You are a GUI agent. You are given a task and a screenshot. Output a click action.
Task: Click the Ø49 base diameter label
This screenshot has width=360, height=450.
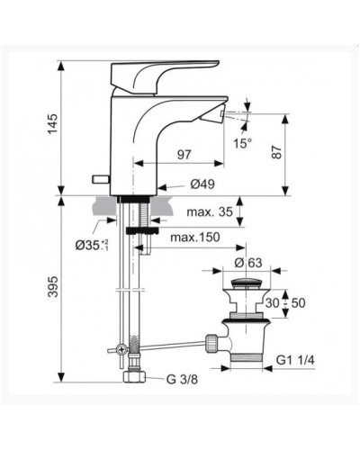coord(202,184)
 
